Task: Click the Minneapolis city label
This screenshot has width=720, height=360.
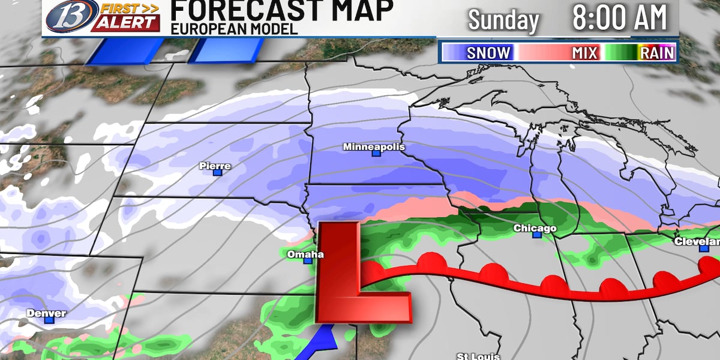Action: [x=374, y=147]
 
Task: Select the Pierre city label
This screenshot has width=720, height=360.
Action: [x=217, y=166]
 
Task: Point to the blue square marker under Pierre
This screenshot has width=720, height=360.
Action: [x=217, y=173]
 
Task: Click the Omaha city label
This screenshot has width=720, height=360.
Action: [x=305, y=254]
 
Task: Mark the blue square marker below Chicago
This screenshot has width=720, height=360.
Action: [x=537, y=235]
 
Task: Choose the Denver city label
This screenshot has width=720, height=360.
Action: [x=46, y=313]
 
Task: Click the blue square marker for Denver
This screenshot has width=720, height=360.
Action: [x=49, y=320]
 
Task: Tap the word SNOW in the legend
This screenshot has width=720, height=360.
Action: [x=488, y=53]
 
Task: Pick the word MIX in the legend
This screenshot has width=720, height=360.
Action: [x=584, y=53]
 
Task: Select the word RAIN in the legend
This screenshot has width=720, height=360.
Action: [x=658, y=53]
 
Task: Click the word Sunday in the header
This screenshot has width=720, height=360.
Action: [x=503, y=20]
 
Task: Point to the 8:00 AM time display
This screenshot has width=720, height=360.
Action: [x=620, y=18]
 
